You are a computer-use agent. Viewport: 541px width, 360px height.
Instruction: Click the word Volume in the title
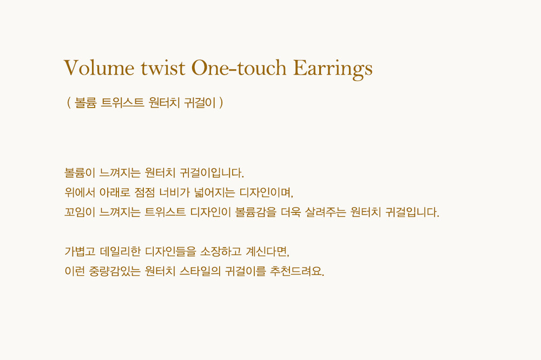[x=98, y=68]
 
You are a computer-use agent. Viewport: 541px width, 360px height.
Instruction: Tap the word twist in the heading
[x=163, y=68]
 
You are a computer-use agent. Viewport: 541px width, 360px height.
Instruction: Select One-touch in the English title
[x=239, y=68]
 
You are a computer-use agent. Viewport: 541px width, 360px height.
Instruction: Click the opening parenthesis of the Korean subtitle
[x=69, y=103]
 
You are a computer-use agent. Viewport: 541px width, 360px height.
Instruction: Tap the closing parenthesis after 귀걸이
[x=221, y=103]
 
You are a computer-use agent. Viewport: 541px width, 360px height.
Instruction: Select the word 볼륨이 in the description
[x=80, y=172]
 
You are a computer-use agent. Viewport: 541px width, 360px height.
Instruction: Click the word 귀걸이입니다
[x=212, y=172]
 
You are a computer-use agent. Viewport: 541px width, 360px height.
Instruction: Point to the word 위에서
[x=80, y=192]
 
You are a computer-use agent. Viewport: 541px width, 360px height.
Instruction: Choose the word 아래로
[x=115, y=192]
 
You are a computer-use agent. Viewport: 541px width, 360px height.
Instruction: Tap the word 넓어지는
[x=214, y=192]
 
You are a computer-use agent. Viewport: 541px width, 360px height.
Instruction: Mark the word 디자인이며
[x=266, y=192]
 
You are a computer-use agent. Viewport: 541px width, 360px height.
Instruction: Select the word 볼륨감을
[x=256, y=212]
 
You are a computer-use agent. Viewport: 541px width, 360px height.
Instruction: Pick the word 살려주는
[x=325, y=212]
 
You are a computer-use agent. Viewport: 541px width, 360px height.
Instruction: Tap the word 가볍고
[x=80, y=251]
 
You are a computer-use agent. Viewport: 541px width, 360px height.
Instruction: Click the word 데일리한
[x=120, y=251]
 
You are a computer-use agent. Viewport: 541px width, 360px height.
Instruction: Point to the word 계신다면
[x=267, y=251]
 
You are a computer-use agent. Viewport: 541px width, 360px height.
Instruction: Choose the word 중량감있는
[x=115, y=271]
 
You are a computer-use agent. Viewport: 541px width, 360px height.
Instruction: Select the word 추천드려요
[x=297, y=271]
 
